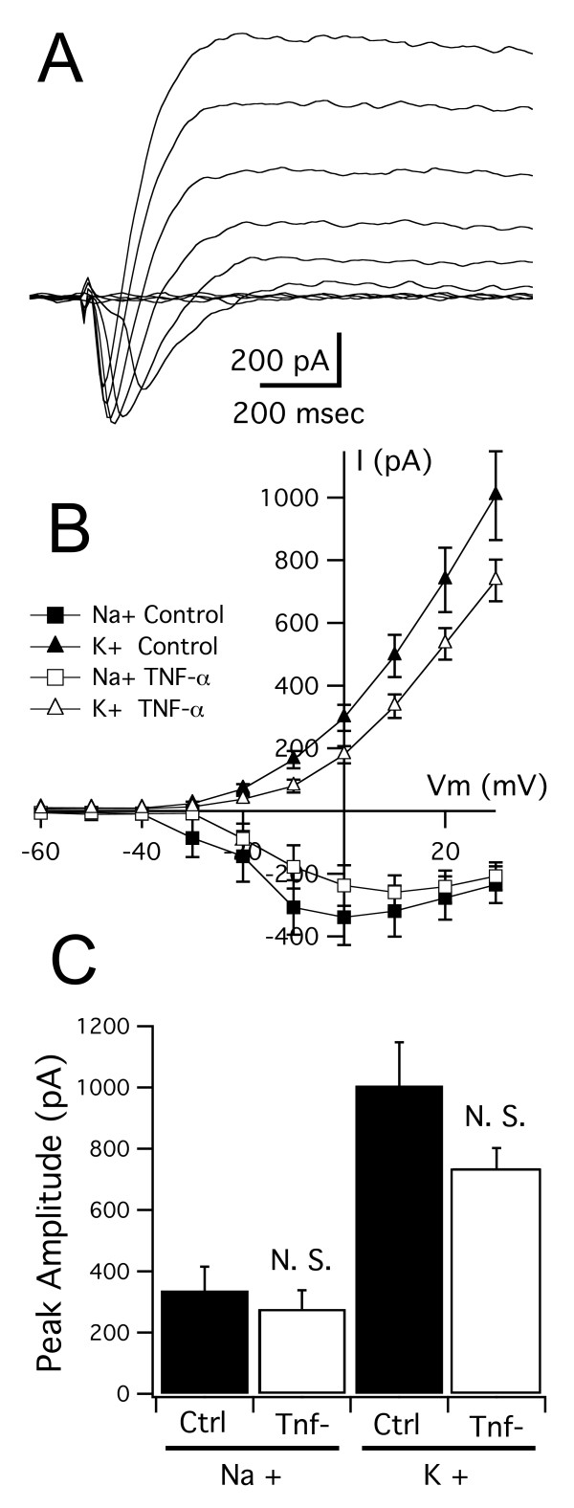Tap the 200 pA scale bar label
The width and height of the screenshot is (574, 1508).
pos(278,362)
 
